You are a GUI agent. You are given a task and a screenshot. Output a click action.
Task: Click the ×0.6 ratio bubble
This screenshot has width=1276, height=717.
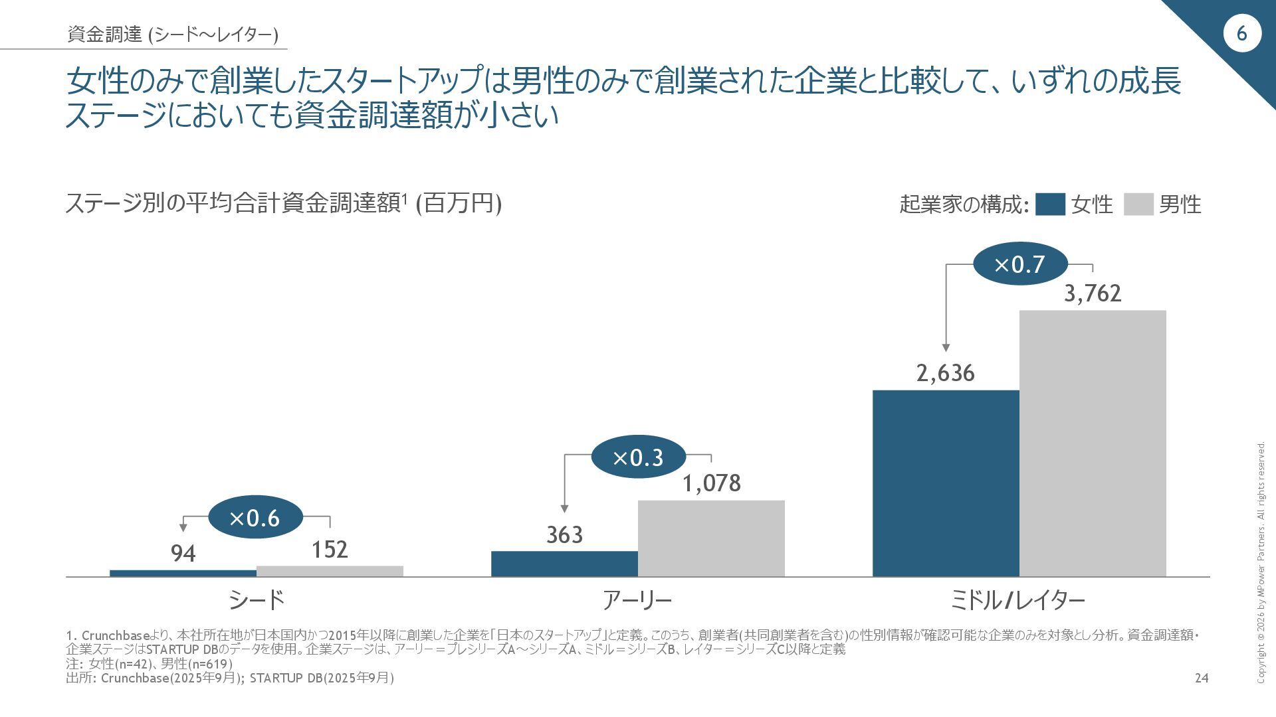pos(255,518)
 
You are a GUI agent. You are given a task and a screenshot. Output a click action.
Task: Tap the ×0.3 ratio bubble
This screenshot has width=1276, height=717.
pos(638,457)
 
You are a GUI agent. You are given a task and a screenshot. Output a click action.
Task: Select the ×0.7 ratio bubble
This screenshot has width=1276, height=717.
pos(1019,265)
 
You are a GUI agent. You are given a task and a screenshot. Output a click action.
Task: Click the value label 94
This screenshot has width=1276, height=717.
pos(183,553)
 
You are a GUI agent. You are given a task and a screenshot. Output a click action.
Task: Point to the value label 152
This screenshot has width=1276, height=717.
pos(330,549)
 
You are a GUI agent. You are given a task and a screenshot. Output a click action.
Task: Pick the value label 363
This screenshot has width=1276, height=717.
pos(564,534)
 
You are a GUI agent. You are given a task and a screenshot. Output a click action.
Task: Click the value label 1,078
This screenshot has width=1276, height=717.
pos(711,483)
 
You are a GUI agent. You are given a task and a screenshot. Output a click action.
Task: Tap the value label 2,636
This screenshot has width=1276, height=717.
pos(946,373)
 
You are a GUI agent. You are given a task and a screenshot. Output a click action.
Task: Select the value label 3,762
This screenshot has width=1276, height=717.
pos(1093,293)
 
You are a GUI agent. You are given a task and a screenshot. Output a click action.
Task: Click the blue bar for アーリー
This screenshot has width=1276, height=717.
pos(564,564)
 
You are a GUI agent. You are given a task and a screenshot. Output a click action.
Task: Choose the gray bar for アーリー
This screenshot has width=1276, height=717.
pos(711,538)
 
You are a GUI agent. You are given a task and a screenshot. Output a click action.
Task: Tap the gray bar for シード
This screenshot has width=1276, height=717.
pos(330,571)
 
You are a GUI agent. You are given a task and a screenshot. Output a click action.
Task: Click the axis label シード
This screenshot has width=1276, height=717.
pos(257,600)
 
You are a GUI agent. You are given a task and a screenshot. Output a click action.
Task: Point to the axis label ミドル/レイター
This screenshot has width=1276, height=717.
pos(1018,600)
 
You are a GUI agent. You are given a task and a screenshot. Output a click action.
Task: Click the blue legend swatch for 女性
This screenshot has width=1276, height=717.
pos(1050,204)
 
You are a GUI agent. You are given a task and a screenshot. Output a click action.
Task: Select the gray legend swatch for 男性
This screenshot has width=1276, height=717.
pos(1138,204)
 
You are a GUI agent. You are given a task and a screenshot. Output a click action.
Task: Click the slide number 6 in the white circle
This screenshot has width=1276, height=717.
pos(1241,33)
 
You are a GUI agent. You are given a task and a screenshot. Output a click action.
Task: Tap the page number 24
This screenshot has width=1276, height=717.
pos(1202,678)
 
